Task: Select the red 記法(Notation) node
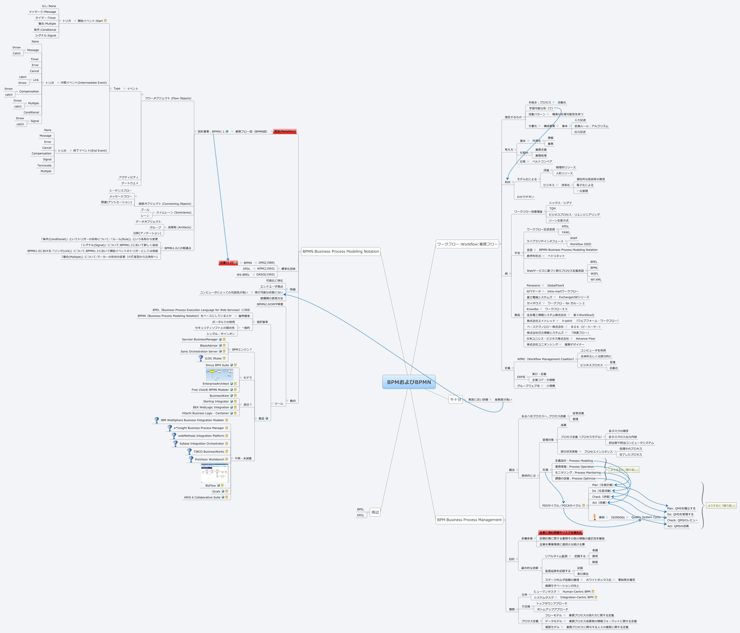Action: click(285, 131)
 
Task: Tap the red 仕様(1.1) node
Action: click(226, 263)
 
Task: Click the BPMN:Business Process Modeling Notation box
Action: click(340, 251)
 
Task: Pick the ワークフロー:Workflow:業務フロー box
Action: click(467, 244)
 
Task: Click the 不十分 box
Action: click(455, 400)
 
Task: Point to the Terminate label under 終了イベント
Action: click(44, 165)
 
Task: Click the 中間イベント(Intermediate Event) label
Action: click(84, 82)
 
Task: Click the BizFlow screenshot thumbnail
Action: click(214, 473)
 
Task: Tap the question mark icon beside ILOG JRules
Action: click(201, 358)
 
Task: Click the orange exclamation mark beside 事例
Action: click(594, 517)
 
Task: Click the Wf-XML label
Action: click(595, 280)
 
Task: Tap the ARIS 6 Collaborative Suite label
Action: click(202, 497)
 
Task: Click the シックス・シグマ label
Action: click(560, 203)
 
